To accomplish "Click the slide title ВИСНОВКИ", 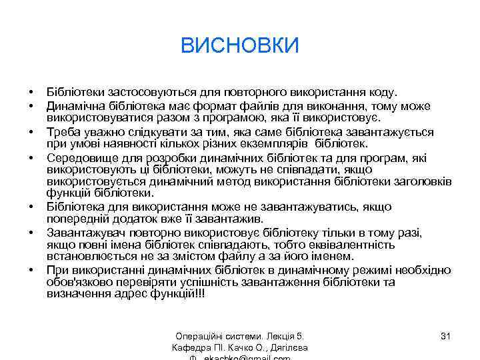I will pyautogui.click(x=240, y=45).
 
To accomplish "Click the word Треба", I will pyautogui.click(x=62, y=131).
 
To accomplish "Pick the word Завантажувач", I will pyautogui.click(x=83, y=231).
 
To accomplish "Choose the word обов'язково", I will pyautogui.click(x=79, y=281).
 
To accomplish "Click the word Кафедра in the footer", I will pyautogui.click(x=191, y=347).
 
